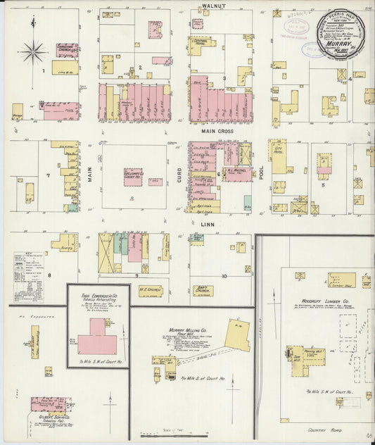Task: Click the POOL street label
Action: click(261, 181)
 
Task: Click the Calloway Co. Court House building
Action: click(134, 176)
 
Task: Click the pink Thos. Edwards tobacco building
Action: click(97, 344)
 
